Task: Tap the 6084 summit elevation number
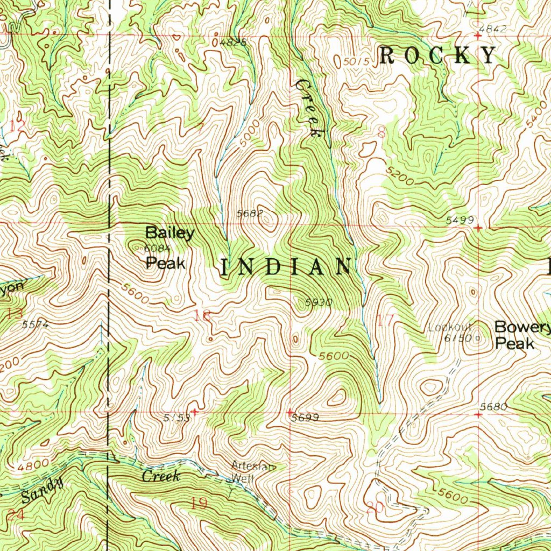pos(157,248)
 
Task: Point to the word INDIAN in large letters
pos(285,267)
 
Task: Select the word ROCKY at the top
pos(437,55)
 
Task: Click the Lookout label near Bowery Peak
pos(450,327)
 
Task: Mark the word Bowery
pos(522,327)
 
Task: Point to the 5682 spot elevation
pos(250,213)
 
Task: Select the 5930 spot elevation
pos(319,302)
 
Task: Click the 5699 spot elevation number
pos(305,418)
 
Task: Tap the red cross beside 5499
pos(478,228)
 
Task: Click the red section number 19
pos(199,504)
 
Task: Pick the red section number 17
pos(385,321)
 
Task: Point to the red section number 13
pos(15,314)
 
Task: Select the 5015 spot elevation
pos(356,62)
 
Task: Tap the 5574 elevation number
pos(36,325)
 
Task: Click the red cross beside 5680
pos(478,415)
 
